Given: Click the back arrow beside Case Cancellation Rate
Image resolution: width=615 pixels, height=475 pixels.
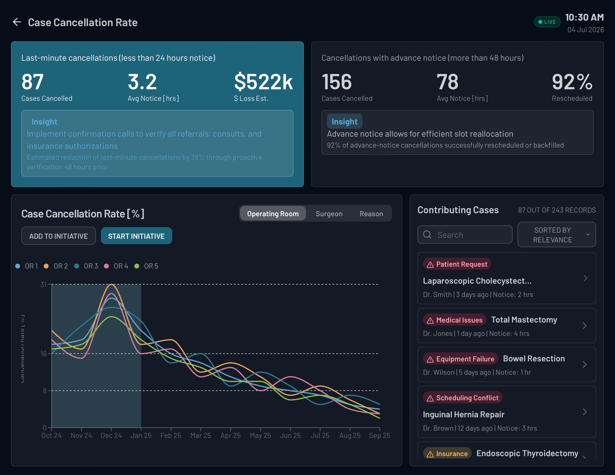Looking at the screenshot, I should point(17,22).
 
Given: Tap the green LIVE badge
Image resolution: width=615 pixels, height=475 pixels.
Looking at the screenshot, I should point(547,22).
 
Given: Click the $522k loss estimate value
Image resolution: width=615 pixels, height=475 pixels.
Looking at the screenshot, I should point(263,82).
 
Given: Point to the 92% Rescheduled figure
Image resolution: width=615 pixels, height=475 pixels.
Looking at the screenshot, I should point(572,82).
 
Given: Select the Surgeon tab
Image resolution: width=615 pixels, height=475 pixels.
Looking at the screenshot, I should point(329,214).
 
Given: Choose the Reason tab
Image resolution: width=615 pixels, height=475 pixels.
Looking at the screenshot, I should point(371,214).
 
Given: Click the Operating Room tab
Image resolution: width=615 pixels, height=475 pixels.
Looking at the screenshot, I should point(273,214).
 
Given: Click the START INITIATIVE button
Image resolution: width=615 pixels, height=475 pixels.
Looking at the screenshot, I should point(136,236).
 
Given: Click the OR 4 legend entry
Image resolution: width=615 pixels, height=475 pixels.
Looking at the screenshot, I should point(117,266).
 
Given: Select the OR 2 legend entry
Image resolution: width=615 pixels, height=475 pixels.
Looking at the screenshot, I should point(57,266).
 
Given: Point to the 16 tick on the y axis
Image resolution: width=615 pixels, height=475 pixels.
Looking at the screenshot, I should point(44,354).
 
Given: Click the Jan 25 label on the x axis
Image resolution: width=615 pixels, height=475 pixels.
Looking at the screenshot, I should point(141,436).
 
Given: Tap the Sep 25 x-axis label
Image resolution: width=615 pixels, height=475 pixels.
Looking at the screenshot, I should point(380,436).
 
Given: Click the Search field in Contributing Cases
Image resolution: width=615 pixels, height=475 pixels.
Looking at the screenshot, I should point(465,235).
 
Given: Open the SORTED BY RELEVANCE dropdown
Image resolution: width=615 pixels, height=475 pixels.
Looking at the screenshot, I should point(556,235).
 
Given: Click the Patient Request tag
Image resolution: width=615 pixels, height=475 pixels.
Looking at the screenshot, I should point(457,264).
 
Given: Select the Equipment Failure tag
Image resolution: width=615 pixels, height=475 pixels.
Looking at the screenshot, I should point(461,359).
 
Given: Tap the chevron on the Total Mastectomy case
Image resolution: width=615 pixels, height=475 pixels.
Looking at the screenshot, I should point(584,326).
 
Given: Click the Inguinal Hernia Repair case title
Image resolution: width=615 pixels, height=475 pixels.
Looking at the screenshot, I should point(463,415).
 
